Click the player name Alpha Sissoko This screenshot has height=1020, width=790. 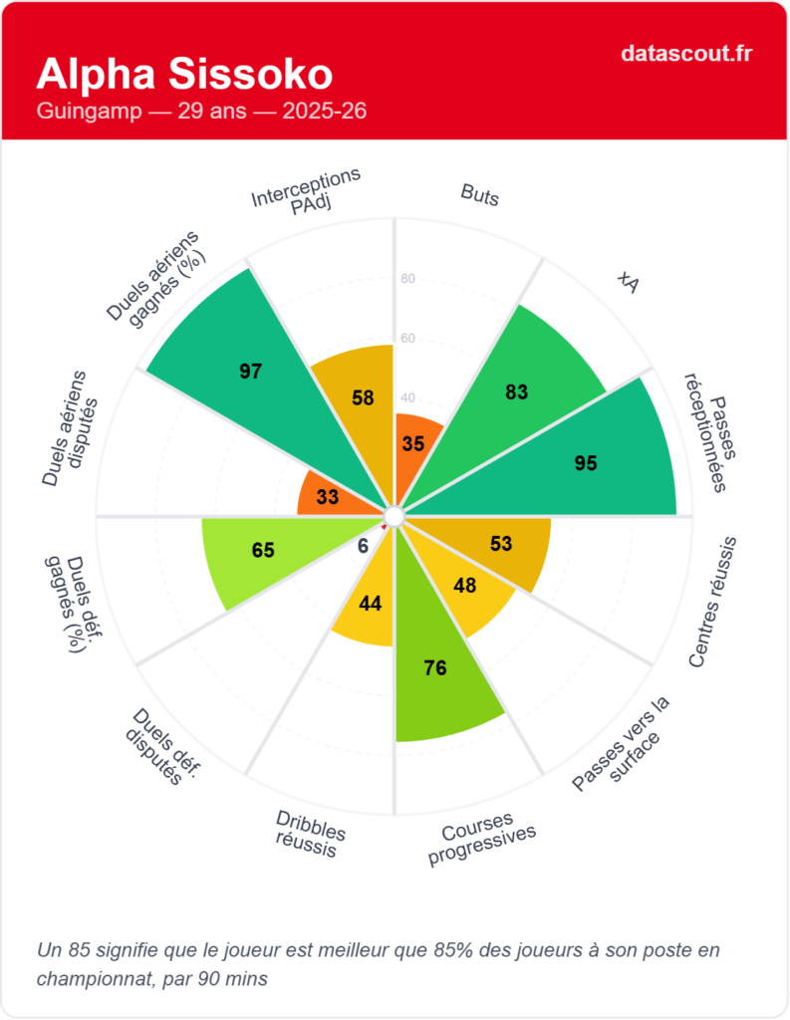184,74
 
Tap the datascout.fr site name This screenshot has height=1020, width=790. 685,53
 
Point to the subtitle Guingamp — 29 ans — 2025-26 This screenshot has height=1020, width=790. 201,111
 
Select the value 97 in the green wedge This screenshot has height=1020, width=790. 250,372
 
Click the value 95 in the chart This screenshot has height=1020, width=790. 586,462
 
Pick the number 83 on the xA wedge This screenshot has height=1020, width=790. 516,392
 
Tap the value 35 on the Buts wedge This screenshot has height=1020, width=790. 413,444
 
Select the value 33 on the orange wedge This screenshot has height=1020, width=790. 328,496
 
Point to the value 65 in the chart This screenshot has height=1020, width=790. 263,550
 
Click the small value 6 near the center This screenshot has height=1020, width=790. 363,545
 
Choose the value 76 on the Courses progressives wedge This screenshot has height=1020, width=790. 435,668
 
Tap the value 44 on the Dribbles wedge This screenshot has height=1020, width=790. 370,603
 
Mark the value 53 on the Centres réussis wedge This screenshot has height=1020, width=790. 501,544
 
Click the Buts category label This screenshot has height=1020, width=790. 480,194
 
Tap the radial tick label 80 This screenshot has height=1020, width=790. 406,279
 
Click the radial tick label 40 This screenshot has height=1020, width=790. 406,397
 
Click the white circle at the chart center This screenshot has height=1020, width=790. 395,516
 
